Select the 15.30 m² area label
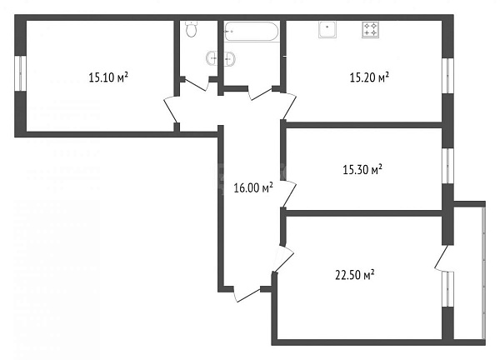click(x=362, y=169)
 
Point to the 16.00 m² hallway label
click(x=254, y=188)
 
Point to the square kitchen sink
click(x=328, y=30)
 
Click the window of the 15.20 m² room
click(x=447, y=77)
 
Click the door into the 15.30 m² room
click(x=286, y=187)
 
